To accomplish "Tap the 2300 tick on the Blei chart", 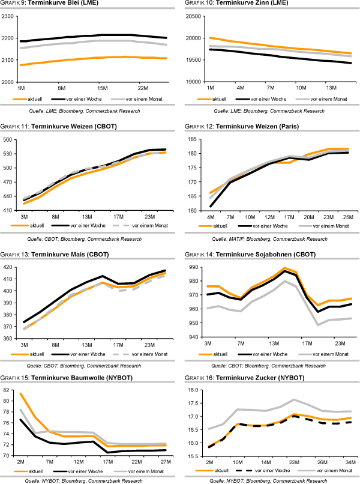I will [x=8, y=16].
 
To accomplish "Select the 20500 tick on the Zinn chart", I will [x=194, y=16].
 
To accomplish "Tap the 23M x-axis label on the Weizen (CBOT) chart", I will [x=149, y=216].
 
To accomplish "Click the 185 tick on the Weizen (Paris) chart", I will [x=196, y=140].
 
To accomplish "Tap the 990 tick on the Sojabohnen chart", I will [x=196, y=267].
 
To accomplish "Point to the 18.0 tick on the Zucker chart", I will [x=196, y=390].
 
